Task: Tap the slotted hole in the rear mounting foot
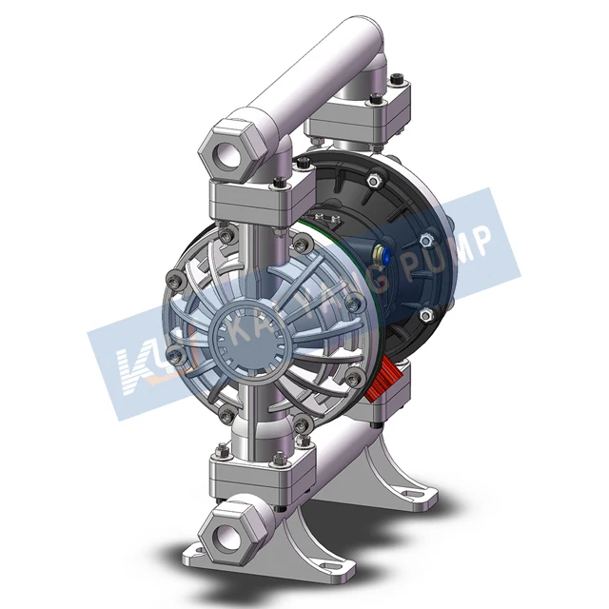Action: pos(411,494)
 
